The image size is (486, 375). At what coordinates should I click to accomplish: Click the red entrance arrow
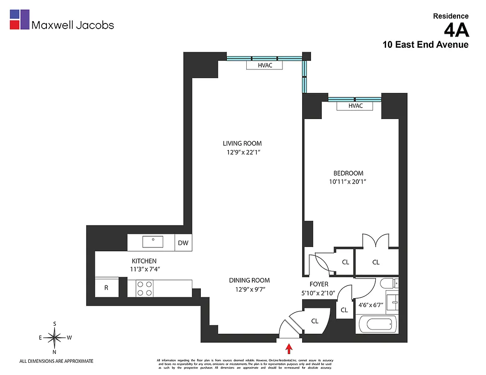click(x=289, y=348)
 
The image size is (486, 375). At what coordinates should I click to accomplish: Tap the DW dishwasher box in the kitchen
click(x=183, y=243)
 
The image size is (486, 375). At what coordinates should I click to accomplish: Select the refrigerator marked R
click(x=106, y=288)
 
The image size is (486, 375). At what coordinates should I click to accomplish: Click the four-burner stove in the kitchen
click(x=144, y=288)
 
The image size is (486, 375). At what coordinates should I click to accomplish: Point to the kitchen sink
click(x=153, y=242)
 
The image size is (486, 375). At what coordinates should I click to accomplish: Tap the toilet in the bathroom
click(x=387, y=283)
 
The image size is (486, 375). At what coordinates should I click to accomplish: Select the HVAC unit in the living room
click(x=265, y=66)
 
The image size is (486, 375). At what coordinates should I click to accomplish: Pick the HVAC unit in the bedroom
click(x=355, y=106)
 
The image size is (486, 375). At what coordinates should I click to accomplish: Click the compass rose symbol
click(x=55, y=337)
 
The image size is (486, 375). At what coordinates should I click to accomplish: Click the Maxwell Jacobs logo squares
click(x=19, y=20)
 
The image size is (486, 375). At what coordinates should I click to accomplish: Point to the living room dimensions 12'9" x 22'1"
click(x=242, y=152)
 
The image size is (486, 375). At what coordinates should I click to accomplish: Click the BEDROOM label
click(x=348, y=173)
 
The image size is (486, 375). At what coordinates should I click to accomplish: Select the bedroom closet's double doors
click(x=376, y=241)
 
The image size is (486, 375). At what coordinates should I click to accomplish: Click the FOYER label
click(x=319, y=284)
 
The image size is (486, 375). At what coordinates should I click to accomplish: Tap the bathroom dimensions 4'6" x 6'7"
click(x=371, y=305)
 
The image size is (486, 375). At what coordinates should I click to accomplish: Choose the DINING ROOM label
click(x=249, y=280)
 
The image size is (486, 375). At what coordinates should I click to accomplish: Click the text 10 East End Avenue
click(x=425, y=45)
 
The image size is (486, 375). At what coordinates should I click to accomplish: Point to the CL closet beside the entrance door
click(x=315, y=321)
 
